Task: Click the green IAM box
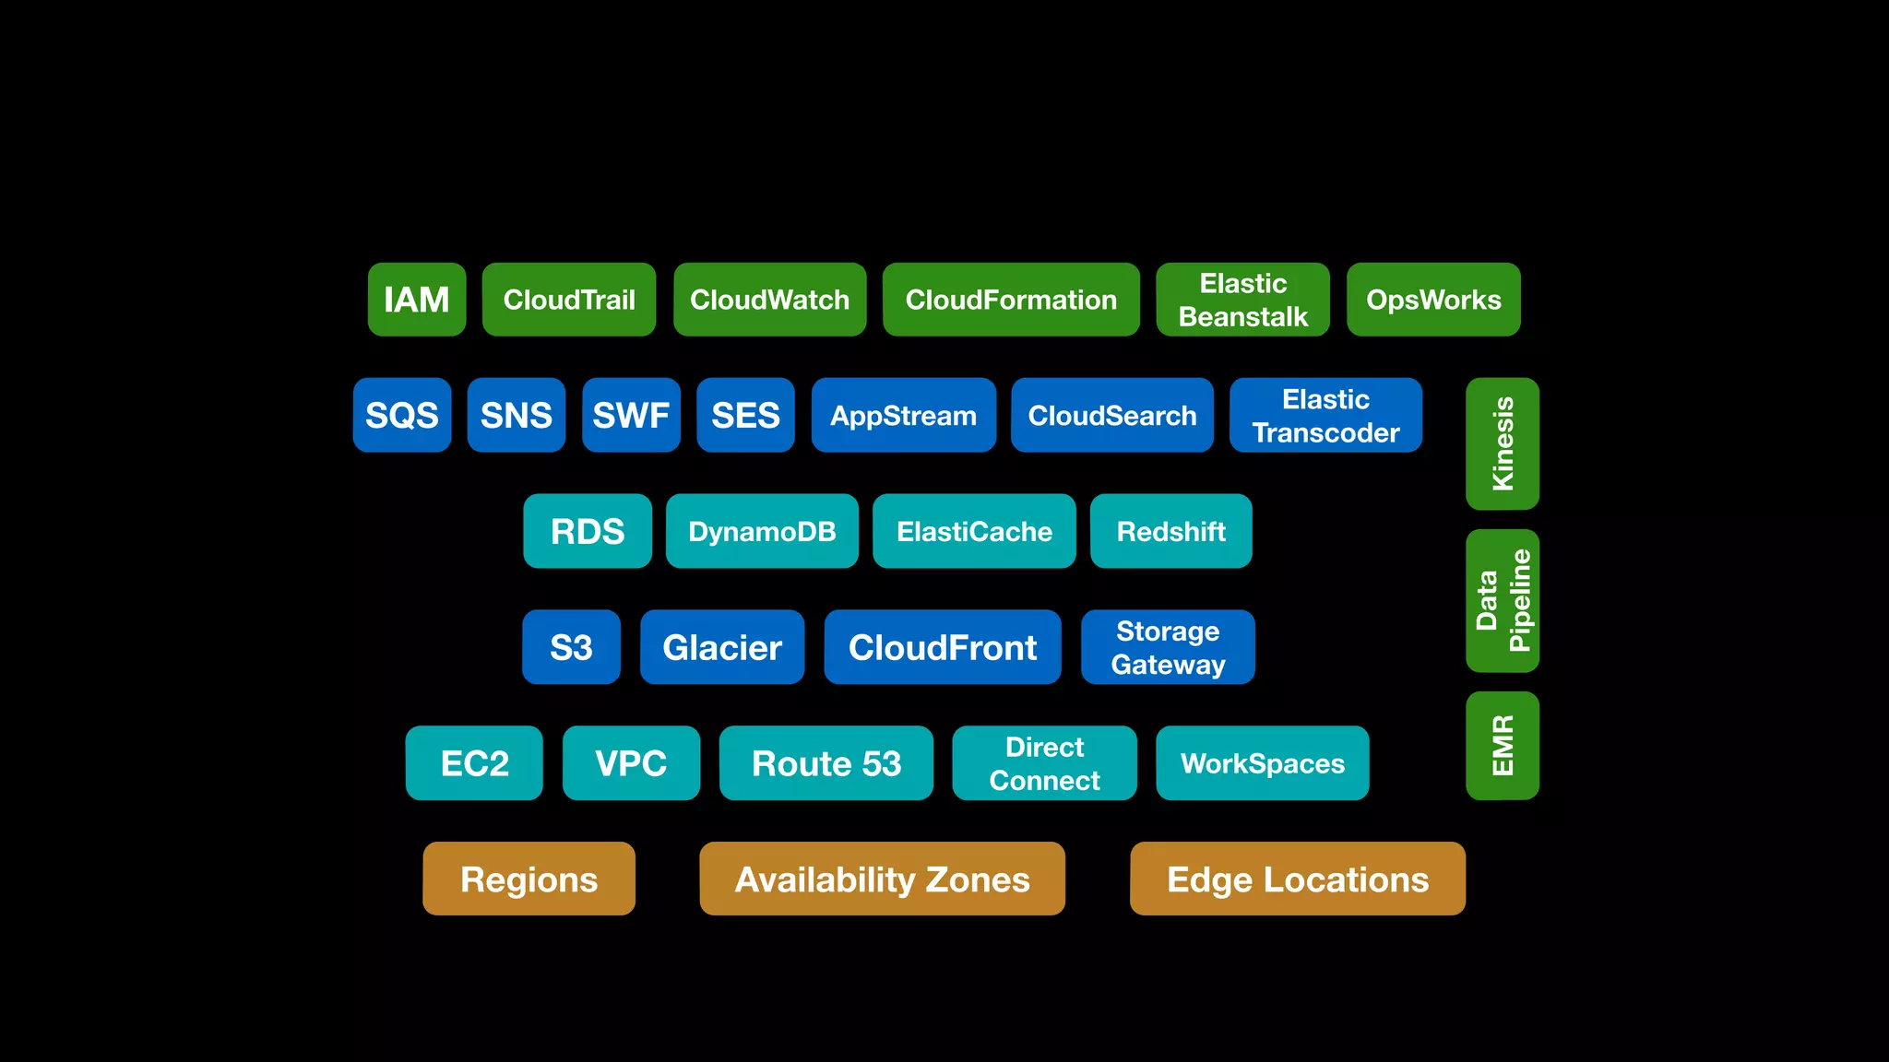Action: (x=417, y=300)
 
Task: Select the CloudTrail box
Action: (x=569, y=300)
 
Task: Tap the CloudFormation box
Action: (x=1011, y=300)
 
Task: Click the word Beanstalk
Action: (x=1242, y=317)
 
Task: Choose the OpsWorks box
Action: (x=1433, y=300)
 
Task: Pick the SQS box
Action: (x=402, y=415)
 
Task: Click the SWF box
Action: (x=631, y=415)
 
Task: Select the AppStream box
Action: (x=903, y=415)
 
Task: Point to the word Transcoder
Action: (x=1325, y=432)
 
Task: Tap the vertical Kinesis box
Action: (x=1503, y=443)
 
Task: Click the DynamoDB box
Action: (x=762, y=531)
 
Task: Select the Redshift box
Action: (x=1170, y=531)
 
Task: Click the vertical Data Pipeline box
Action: (x=1503, y=600)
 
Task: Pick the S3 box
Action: (x=571, y=647)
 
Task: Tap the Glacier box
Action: (x=722, y=647)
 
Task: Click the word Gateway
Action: (x=1168, y=665)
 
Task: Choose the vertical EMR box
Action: (x=1503, y=745)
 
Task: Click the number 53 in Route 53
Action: (x=881, y=763)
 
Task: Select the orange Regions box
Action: (x=529, y=879)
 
